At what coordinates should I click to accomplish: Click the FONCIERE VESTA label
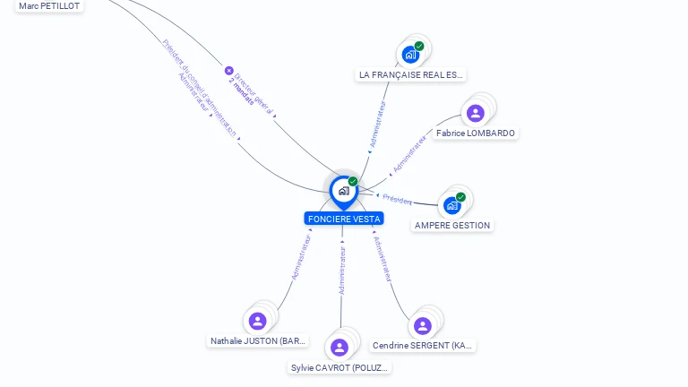[x=343, y=219]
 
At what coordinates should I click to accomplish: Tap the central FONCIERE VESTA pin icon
[x=343, y=191]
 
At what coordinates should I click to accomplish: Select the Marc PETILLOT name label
[x=49, y=6]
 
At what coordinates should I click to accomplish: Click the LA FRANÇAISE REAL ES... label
[x=411, y=75]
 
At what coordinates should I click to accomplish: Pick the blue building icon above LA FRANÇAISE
[x=410, y=55]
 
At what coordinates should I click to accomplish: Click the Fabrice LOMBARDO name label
[x=475, y=133]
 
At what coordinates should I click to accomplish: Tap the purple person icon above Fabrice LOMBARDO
[x=475, y=113]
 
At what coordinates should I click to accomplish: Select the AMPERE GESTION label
[x=452, y=226]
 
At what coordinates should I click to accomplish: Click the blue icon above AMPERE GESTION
[x=452, y=205]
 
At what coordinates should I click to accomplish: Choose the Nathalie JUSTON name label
[x=258, y=341]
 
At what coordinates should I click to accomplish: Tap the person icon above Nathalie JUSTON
[x=258, y=321]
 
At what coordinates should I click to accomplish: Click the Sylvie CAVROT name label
[x=340, y=368]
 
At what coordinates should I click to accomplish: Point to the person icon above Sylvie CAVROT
[x=340, y=348]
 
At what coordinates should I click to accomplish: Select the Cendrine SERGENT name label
[x=423, y=346]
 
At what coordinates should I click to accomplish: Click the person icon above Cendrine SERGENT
[x=423, y=325]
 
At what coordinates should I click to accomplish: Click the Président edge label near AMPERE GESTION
[x=397, y=200]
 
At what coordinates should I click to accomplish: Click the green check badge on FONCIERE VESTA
[x=353, y=181]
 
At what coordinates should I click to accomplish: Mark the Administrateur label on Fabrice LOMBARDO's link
[x=409, y=154]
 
